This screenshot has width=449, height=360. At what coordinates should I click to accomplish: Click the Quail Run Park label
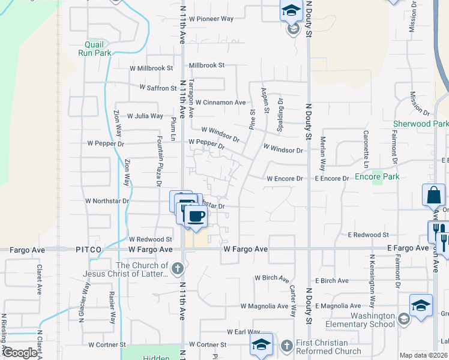pyautogui.click(x=95, y=48)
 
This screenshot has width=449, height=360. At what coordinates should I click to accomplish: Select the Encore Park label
pyautogui.click(x=377, y=176)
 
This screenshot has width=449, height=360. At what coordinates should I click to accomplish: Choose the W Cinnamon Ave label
pyautogui.click(x=220, y=103)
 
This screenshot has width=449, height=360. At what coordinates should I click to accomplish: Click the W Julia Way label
pyautogui.click(x=145, y=116)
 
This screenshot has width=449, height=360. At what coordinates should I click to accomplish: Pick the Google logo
pyautogui.click(x=20, y=353)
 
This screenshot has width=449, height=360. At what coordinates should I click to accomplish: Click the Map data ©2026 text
pyautogui.click(x=423, y=355)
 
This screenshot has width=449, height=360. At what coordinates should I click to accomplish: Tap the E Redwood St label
pyautogui.click(x=369, y=235)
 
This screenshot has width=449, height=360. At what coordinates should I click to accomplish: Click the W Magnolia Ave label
pyautogui.click(x=264, y=306)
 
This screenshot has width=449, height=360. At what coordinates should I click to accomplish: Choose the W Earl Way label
pyautogui.click(x=243, y=332)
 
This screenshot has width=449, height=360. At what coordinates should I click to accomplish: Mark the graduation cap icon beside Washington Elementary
pyautogui.click(x=421, y=305)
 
